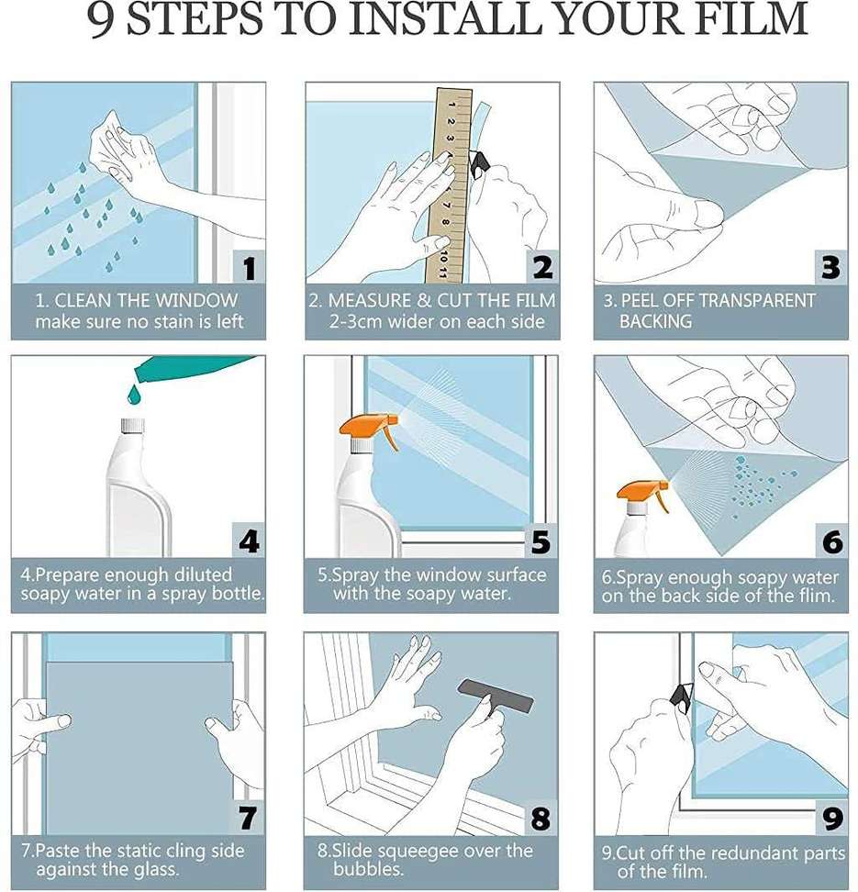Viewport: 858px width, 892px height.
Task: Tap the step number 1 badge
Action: (x=250, y=267)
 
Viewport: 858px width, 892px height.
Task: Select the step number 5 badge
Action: (x=541, y=541)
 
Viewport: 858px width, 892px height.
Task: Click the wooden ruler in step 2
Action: (x=449, y=184)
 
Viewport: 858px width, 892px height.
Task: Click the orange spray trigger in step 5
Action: (x=370, y=431)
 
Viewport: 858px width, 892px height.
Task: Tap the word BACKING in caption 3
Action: (x=655, y=321)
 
